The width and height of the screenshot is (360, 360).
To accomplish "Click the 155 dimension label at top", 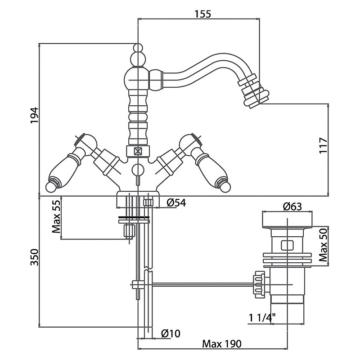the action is coord(203,14).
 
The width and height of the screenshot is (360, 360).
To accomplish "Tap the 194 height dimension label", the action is coord(35,115).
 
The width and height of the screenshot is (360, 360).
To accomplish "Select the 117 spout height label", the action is coord(323,145).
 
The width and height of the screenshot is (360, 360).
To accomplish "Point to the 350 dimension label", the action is coord(35,257).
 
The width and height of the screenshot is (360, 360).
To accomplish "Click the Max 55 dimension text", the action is coord(56,216).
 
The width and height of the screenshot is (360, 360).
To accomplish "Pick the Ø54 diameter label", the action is coord(176,203).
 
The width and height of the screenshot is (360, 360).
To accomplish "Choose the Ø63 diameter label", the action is coord(292,207).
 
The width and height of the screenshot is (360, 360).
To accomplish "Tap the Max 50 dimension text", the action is coord(323,245).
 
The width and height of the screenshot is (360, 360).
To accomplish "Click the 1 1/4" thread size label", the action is coord(262,318).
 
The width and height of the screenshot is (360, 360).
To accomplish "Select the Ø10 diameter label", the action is coord(171,333).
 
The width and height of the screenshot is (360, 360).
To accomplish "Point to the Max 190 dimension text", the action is coord(222,344).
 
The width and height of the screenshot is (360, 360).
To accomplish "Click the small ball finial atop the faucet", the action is coord(138,48).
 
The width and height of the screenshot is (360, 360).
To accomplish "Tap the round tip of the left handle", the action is coord(51,187).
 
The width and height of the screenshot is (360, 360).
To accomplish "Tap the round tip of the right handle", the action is coord(225,187).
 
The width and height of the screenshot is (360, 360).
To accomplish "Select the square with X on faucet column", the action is coord(138,151).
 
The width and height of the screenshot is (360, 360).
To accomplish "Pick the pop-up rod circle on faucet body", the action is coord(138,170).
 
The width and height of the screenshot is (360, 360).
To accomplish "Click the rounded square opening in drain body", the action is coord(287,245).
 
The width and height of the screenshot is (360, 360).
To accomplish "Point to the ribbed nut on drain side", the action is coord(259,284).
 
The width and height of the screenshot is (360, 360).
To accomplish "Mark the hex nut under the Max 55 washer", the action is coord(129,231).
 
